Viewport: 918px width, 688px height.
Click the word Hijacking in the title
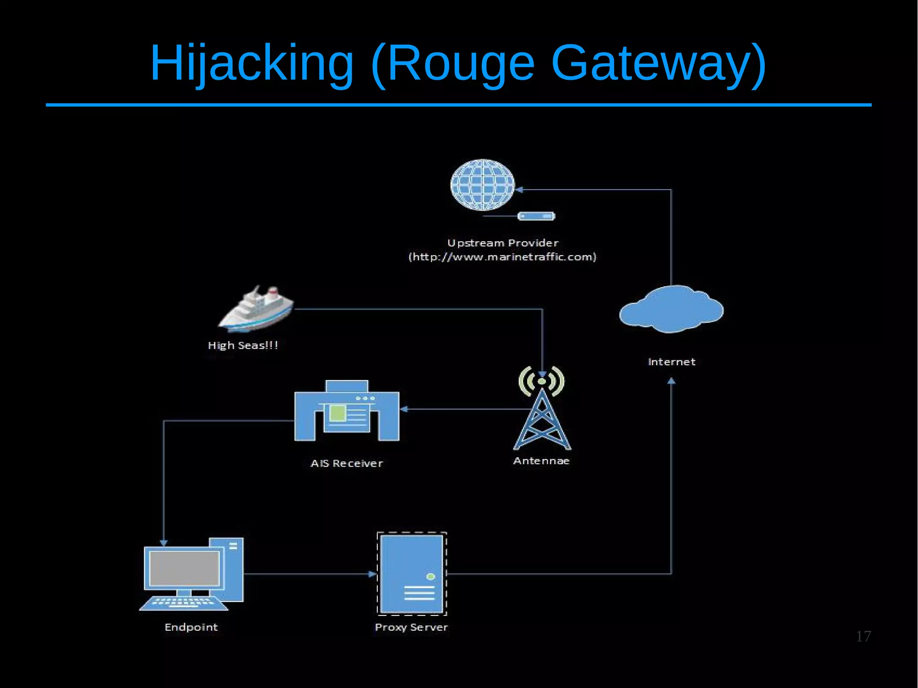[251, 64]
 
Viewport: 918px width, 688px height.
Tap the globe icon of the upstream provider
[482, 185]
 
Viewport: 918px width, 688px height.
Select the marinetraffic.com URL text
[502, 257]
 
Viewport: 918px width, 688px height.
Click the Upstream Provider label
[502, 243]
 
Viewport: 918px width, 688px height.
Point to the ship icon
[256, 309]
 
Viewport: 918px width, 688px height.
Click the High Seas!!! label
[243, 345]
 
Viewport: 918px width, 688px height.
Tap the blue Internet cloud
[671, 309]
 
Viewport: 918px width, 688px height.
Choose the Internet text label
[671, 362]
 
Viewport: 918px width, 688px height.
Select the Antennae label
[541, 461]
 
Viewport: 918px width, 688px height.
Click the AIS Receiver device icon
[346, 411]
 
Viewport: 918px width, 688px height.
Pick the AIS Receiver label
[346, 463]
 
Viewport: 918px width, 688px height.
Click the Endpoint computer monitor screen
[184, 568]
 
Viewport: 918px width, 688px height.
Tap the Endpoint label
[191, 627]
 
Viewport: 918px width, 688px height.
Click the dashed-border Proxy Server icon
[411, 573]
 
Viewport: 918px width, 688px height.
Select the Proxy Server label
[411, 627]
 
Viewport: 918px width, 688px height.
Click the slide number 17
[863, 636]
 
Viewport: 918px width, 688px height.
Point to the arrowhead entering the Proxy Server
[372, 574]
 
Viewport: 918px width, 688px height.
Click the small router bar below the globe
[536, 216]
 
